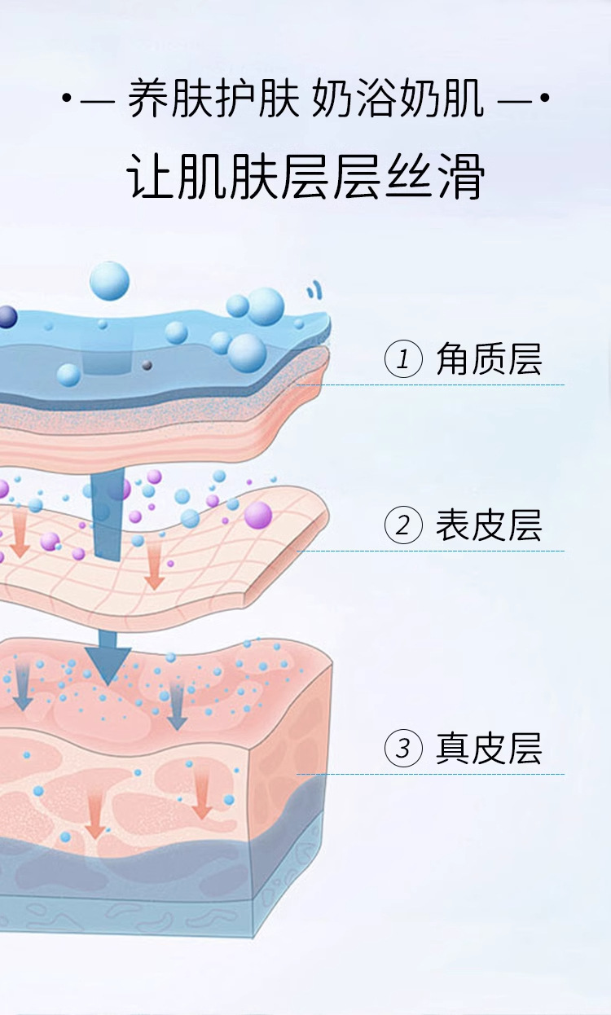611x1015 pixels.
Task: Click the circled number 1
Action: click(403, 359)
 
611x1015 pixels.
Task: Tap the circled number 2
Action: click(403, 525)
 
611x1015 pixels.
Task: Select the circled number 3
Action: click(403, 749)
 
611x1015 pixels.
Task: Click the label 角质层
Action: click(488, 359)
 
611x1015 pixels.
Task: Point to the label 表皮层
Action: click(488, 525)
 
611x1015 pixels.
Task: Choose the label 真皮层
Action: click(488, 749)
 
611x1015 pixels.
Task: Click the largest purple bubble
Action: click(257, 515)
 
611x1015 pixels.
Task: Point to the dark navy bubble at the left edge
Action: click(7, 317)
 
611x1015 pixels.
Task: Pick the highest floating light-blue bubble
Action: click(109, 281)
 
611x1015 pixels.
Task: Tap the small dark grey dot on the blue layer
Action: click(147, 364)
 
